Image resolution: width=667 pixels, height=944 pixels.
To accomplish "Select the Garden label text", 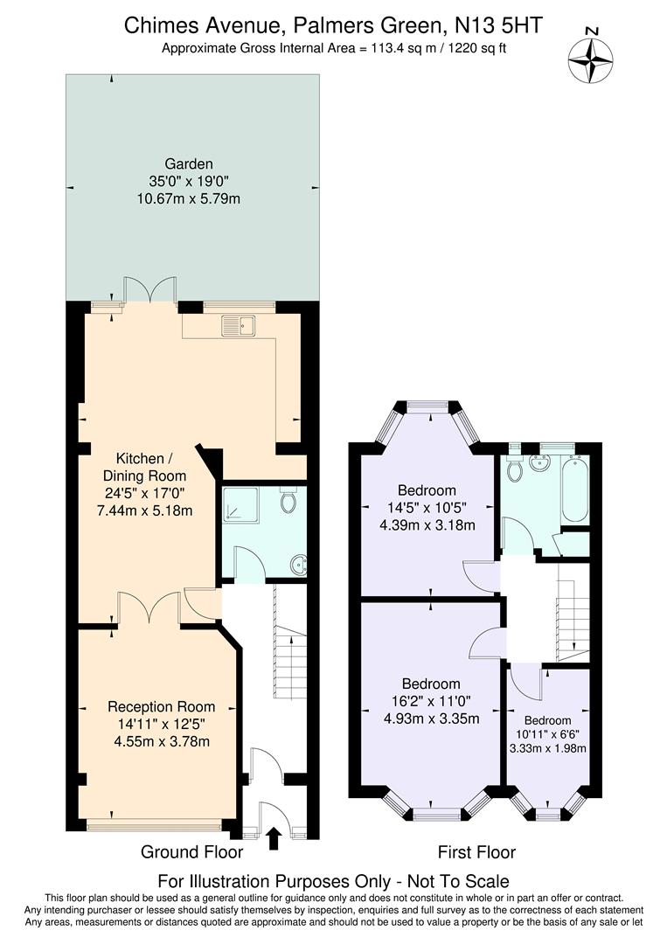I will [x=189, y=163].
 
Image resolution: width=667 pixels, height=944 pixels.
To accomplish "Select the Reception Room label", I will [x=161, y=706].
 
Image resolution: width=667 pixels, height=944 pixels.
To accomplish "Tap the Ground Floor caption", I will [x=191, y=851].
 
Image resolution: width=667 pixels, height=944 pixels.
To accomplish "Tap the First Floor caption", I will [x=476, y=851].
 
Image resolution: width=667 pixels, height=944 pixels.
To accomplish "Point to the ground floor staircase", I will [x=289, y=642].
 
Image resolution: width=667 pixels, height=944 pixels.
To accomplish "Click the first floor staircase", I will [x=573, y=612].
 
